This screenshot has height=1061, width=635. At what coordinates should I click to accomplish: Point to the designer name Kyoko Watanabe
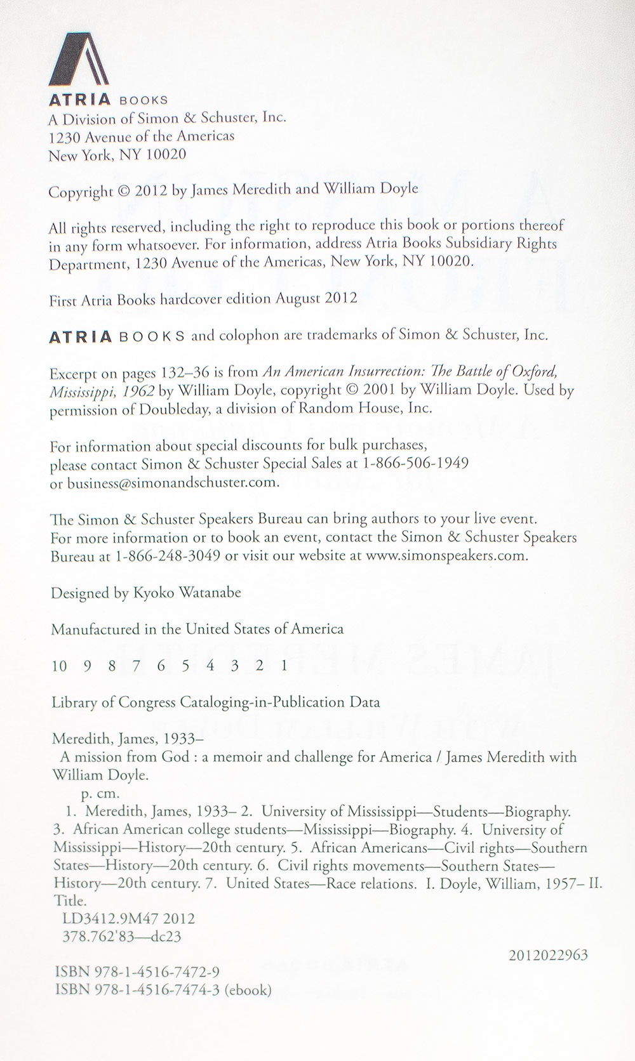tap(187, 593)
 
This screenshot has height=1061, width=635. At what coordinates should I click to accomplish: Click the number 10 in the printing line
tap(59, 665)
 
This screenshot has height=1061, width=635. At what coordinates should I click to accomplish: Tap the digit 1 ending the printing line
tap(284, 665)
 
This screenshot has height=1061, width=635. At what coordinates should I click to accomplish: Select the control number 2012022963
tap(548, 954)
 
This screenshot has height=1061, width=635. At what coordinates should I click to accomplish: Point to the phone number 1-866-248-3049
tap(168, 555)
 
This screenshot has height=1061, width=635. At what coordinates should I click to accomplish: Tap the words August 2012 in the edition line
tap(316, 298)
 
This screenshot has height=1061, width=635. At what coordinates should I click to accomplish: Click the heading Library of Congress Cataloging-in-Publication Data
tap(215, 702)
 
